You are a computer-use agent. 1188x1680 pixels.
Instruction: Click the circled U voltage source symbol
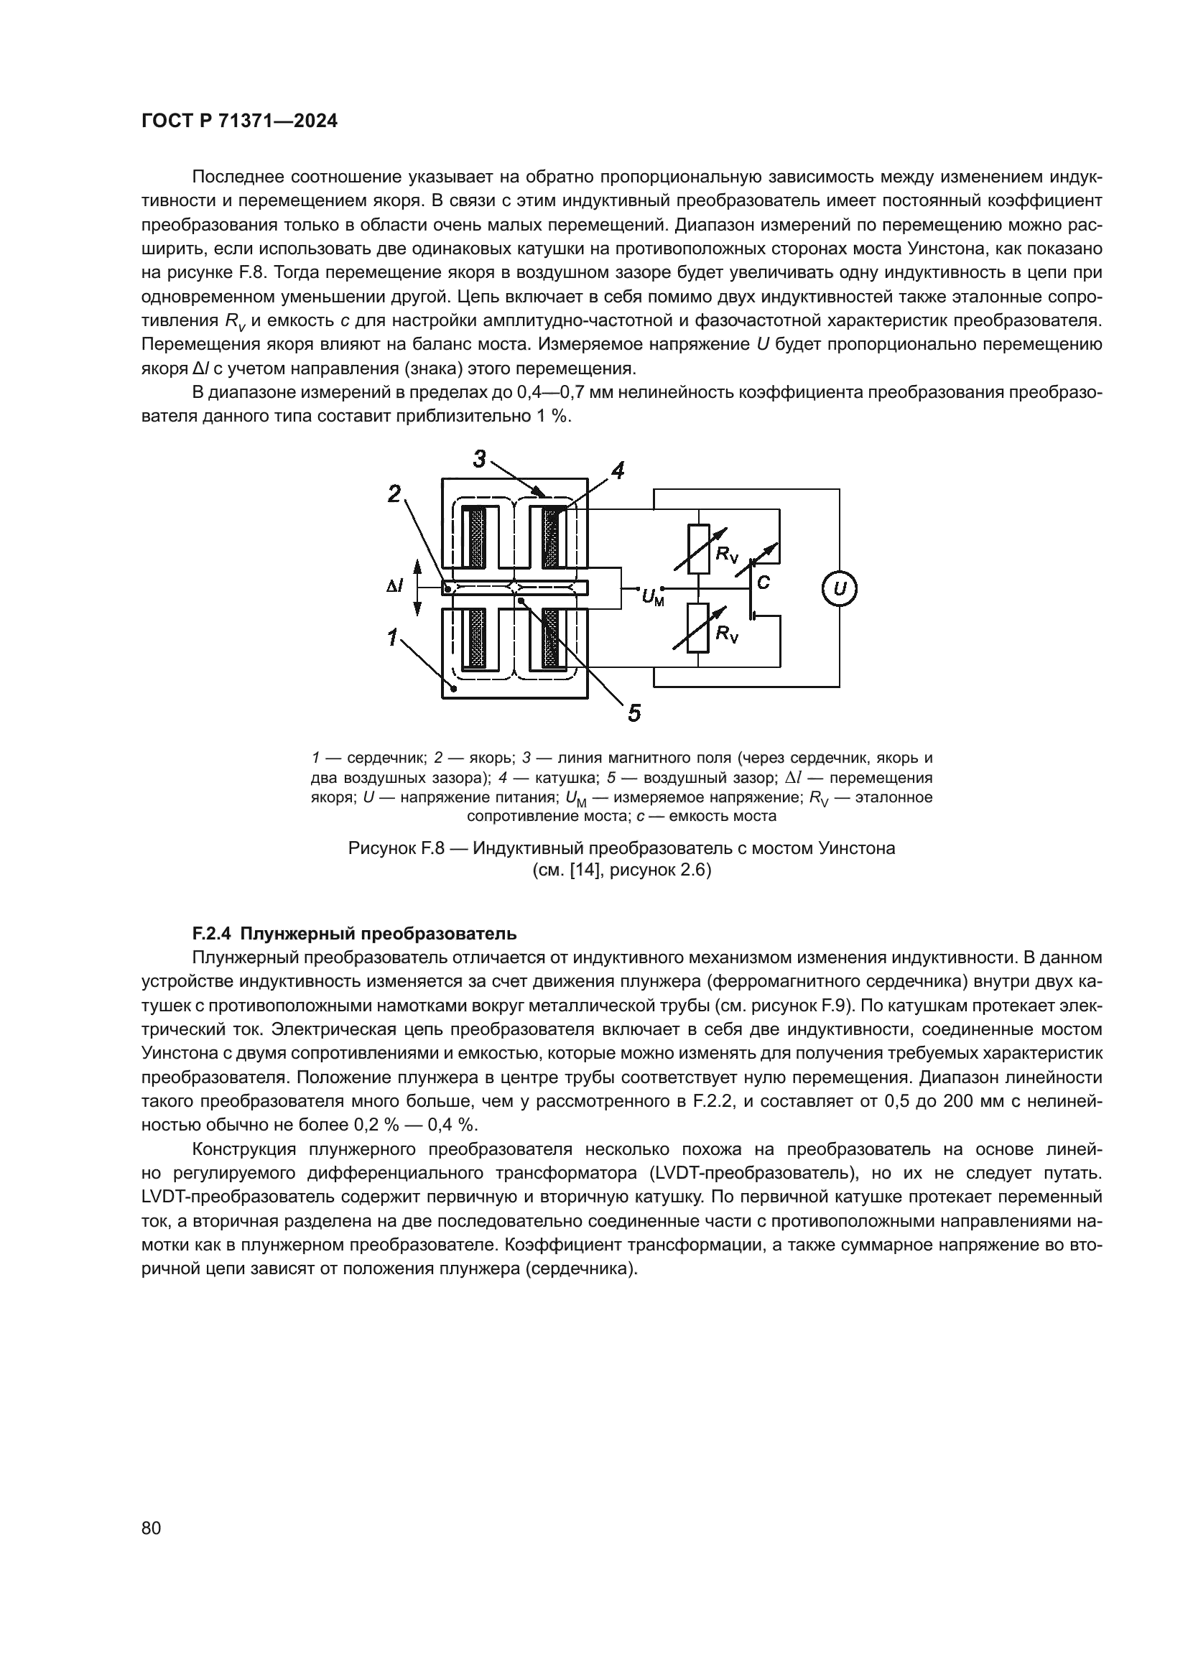point(839,589)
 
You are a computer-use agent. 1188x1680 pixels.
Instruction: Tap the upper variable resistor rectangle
point(699,549)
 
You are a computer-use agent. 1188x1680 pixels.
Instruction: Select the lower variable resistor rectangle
point(699,628)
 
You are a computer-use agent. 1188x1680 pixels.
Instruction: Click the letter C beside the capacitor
point(763,583)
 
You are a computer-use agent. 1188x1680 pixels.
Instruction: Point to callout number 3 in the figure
point(479,459)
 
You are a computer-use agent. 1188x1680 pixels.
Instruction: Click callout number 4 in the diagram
point(618,470)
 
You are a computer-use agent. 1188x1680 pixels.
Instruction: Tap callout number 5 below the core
point(634,712)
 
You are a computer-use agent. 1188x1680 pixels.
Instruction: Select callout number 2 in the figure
point(394,494)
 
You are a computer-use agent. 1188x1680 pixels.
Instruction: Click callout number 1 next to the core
point(393,637)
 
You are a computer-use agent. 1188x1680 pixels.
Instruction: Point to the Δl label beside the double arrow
point(394,587)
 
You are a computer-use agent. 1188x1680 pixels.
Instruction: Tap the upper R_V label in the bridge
point(727,554)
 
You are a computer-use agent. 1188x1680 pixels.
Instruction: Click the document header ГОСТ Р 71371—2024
point(239,121)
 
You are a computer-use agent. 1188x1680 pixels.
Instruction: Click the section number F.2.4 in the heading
point(211,934)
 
